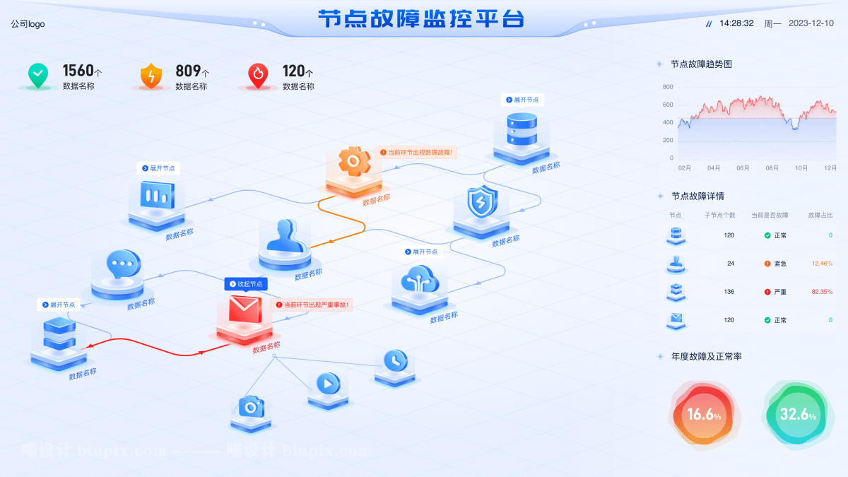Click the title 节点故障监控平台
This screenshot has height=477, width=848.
(x=421, y=19)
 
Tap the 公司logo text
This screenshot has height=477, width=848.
(x=28, y=24)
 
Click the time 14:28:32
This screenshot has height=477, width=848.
(x=736, y=23)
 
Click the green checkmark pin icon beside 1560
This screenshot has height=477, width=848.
(x=38, y=75)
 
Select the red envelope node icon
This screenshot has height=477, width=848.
(x=245, y=311)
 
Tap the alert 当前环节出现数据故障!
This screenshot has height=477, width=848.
(x=416, y=152)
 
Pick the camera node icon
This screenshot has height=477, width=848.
(x=251, y=406)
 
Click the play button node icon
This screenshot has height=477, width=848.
(x=328, y=384)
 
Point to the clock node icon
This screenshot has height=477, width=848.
(x=395, y=360)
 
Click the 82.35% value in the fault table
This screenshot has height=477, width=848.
(x=822, y=292)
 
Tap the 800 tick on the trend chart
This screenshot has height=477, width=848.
(x=668, y=87)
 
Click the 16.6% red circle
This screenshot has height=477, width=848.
(x=704, y=415)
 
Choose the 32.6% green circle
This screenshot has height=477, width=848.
(x=798, y=415)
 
